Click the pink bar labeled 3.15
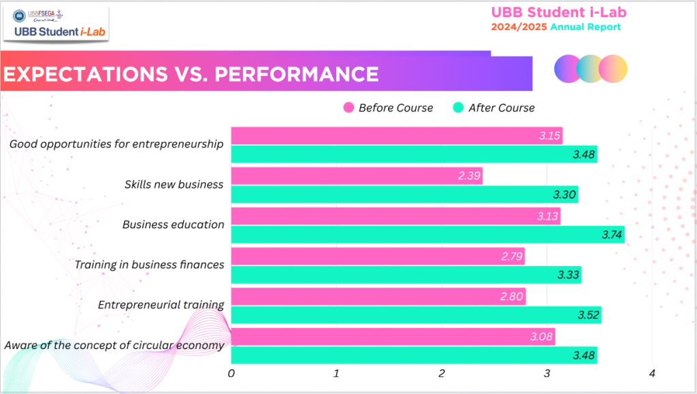(396, 135)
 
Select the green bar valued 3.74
(427, 235)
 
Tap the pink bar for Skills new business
(357, 176)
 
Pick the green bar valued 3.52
(416, 315)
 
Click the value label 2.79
(510, 257)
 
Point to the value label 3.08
(540, 336)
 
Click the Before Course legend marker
(349, 108)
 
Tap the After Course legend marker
(459, 108)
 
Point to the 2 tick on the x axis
(442, 374)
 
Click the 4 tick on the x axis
(652, 374)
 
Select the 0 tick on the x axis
(231, 374)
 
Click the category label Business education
(173, 225)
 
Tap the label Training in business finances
(149, 264)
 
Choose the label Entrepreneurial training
(161, 304)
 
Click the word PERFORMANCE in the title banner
(297, 74)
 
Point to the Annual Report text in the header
(585, 27)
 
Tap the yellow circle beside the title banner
(613, 69)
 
